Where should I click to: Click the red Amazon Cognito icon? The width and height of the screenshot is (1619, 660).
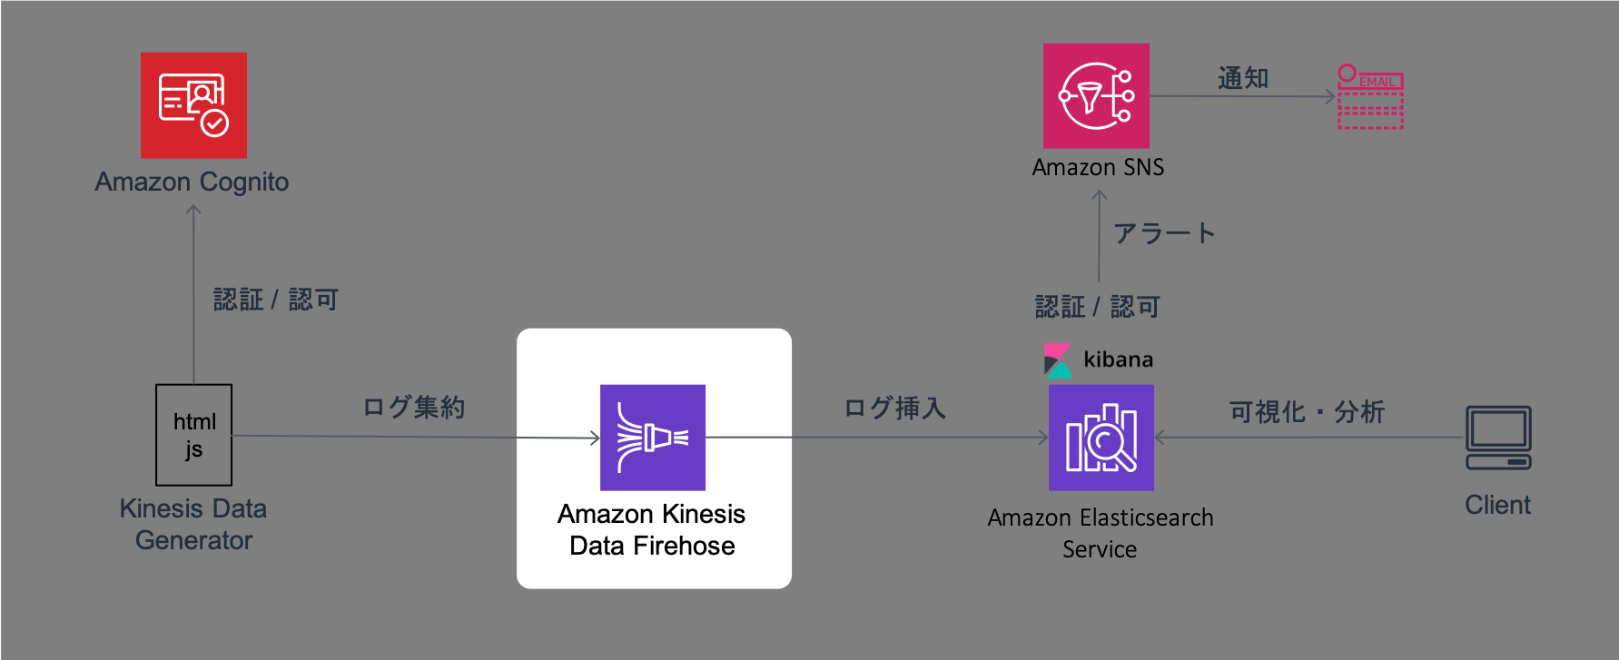point(193,105)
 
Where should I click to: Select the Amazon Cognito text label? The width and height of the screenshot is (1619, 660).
point(193,182)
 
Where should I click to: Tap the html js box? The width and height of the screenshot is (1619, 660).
point(194,435)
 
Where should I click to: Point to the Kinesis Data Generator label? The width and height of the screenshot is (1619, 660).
point(193,524)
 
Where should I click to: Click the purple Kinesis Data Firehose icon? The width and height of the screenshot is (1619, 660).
point(653,438)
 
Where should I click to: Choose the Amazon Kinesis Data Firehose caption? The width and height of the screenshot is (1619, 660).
point(652,530)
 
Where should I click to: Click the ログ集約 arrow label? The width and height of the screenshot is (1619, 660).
point(414,407)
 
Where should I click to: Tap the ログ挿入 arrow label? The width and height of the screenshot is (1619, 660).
point(895,409)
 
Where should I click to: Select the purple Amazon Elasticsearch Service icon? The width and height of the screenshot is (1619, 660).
point(1101,438)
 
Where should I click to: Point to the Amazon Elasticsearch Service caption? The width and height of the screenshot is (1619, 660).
point(1101,533)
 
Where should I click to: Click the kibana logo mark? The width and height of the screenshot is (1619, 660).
point(1058,360)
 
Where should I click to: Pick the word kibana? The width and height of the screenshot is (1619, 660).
point(1119,360)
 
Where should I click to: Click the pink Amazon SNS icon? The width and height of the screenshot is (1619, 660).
point(1097,96)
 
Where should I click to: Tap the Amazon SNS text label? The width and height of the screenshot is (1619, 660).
point(1099,167)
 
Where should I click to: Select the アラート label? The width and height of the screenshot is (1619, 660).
point(1164,233)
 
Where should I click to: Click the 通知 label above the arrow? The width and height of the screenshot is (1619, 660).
point(1243,78)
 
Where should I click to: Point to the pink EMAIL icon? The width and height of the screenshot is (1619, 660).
point(1371,96)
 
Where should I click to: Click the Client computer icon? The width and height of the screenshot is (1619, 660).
point(1498,438)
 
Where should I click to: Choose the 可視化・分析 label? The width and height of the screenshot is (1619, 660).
point(1307,412)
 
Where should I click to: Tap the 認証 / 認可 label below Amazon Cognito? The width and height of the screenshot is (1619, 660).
point(276,300)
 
